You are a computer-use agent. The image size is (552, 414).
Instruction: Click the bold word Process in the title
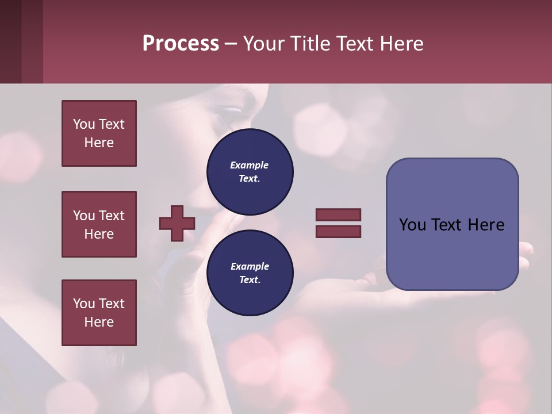[181, 44]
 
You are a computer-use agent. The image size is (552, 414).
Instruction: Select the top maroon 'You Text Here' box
[99, 133]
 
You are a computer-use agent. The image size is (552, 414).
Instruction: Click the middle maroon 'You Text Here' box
[99, 224]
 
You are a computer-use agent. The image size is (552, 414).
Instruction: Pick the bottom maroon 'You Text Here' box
[99, 312]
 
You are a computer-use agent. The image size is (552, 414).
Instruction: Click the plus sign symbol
[177, 223]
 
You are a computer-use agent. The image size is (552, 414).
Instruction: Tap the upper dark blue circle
[250, 172]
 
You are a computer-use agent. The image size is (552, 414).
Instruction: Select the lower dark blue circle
[250, 273]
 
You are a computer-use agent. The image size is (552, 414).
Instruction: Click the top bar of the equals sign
[338, 214]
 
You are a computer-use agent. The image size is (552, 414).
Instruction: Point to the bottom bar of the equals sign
[338, 231]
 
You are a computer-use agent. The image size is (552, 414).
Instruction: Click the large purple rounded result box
[452, 224]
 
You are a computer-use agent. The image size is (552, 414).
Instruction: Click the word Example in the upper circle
[249, 165]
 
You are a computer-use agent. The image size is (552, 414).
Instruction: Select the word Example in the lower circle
[250, 266]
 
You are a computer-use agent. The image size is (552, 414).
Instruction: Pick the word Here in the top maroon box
[99, 143]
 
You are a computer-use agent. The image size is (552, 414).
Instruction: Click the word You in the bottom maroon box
[84, 304]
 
